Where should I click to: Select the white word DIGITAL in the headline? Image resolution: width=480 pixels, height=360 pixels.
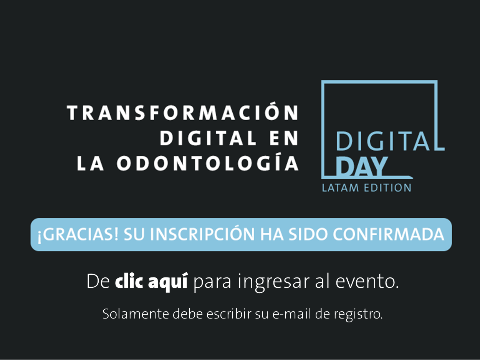[x=208, y=138]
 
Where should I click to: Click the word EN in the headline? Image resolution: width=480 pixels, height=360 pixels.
[x=284, y=138]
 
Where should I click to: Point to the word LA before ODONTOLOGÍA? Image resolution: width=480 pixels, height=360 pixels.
[x=90, y=163]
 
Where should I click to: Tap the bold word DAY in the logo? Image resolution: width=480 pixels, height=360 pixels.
[x=361, y=166]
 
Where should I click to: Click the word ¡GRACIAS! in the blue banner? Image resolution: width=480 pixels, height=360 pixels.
[x=78, y=234]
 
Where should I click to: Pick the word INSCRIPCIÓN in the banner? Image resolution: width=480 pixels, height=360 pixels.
[x=202, y=234]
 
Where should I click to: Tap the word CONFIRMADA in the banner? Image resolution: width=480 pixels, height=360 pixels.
[x=389, y=234]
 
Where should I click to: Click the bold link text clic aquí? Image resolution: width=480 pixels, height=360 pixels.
[x=151, y=282]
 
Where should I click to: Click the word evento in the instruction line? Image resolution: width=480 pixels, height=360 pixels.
[x=365, y=282]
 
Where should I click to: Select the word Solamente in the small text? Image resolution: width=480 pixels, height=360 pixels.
[x=136, y=314]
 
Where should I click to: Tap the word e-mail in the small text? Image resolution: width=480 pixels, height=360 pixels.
[x=292, y=314]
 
